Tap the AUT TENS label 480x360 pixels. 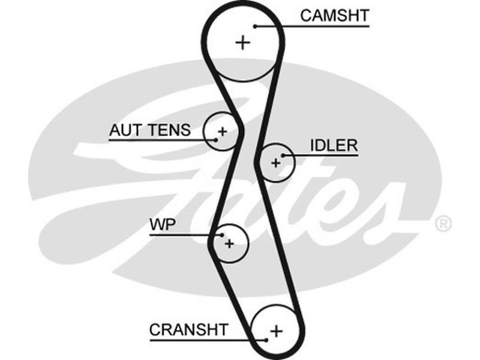tap(150, 130)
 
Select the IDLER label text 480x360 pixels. tap(334, 145)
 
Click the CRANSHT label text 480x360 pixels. tap(188, 329)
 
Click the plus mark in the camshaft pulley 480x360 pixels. tap(242, 43)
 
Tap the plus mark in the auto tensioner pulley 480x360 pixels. tap(222, 131)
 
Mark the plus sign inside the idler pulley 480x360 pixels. tap(276, 162)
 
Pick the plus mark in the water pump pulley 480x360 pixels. tap(229, 244)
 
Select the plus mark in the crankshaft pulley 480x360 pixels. tap(276, 331)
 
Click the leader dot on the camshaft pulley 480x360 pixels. tap(256, 26)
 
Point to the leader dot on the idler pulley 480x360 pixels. tap(283, 155)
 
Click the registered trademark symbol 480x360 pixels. tap(442, 224)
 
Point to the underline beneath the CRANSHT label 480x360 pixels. tap(198, 340)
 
